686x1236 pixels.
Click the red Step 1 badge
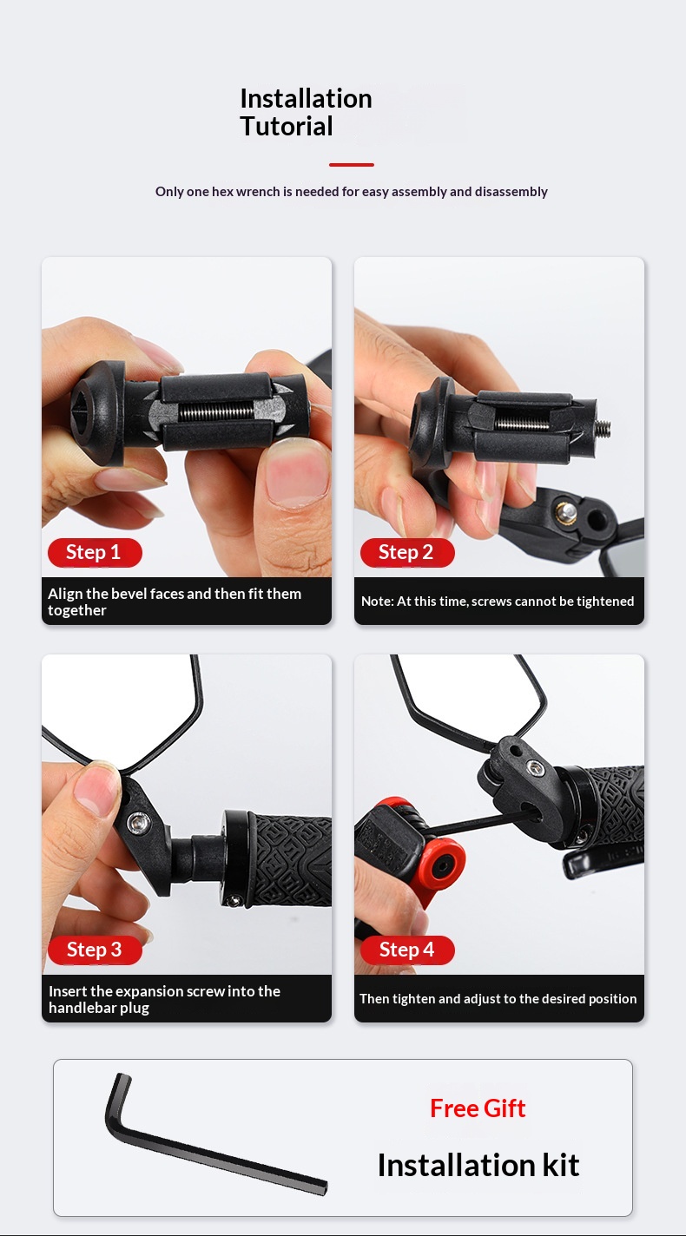95,552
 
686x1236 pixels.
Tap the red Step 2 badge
407,552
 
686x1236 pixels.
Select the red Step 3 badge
95,950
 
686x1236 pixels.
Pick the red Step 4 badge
407,950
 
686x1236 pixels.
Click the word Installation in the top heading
306,99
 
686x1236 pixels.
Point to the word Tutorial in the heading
287,127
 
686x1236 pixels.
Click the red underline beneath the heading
352,164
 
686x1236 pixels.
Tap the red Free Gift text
478,1108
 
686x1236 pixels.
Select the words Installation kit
478,1166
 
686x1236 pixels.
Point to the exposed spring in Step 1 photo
216,411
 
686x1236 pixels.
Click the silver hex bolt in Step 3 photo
138,824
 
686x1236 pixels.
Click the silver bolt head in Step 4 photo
534,767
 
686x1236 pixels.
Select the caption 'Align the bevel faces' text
175,602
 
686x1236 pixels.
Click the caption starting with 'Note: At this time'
498,602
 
